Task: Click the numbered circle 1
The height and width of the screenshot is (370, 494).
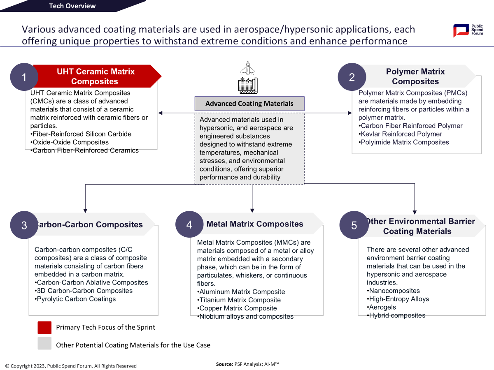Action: (24, 77)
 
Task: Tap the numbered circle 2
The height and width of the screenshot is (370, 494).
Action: (352, 77)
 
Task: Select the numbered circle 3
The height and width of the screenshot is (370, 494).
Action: (24, 225)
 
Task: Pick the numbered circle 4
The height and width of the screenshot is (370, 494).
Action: (189, 224)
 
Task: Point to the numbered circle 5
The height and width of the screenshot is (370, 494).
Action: (354, 225)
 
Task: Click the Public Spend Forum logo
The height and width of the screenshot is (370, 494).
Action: (468, 30)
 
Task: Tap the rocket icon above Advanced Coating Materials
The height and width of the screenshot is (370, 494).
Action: (248, 68)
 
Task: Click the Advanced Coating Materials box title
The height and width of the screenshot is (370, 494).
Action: (249, 104)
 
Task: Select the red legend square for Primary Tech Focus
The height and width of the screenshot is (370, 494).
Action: (44, 328)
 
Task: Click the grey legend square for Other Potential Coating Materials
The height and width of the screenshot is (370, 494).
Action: (44, 343)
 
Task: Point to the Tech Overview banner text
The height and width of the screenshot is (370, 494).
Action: (72, 6)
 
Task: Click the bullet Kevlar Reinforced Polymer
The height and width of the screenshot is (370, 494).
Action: (400, 134)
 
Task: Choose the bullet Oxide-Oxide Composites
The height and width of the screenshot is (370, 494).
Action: (69, 142)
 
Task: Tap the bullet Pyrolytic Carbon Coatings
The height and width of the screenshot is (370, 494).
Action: (75, 299)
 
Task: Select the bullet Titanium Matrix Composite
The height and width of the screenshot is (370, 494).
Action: (239, 300)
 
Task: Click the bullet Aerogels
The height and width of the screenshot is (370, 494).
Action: (381, 307)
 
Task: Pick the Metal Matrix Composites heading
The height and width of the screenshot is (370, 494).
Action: (255, 224)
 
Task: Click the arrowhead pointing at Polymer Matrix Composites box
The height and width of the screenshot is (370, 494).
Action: (350, 113)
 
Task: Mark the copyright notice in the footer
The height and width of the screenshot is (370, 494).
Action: (71, 366)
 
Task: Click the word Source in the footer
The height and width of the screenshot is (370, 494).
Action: (224, 364)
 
